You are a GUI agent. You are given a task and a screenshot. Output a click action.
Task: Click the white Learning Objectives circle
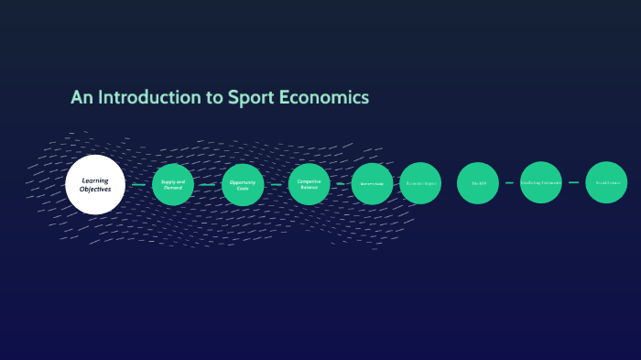point(95,184)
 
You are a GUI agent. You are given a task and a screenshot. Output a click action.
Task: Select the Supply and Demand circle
point(173,184)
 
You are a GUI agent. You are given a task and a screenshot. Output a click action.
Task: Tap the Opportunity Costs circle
point(243,184)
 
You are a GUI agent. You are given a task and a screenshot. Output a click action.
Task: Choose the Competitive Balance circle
point(309,183)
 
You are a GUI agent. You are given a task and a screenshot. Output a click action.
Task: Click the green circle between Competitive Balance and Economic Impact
point(372,183)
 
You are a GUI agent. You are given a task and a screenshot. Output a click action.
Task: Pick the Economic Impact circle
point(420,183)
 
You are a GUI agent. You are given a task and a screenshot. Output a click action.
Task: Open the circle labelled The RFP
point(478,183)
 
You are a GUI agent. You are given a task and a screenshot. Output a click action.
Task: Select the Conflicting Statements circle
point(541,182)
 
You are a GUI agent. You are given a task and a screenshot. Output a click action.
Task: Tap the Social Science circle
point(606,182)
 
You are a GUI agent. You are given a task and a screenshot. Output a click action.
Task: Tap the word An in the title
point(81,97)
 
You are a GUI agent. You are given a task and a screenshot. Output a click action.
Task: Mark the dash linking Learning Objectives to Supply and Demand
point(138,184)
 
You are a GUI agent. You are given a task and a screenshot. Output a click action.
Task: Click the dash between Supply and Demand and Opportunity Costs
point(208,184)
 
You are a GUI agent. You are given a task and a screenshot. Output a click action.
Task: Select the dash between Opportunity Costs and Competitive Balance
point(277,184)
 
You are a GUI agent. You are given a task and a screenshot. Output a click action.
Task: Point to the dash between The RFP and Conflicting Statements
point(509,182)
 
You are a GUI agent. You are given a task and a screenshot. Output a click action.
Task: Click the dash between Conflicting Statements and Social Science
point(574,182)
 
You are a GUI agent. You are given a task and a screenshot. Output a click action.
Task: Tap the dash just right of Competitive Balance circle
point(341,183)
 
